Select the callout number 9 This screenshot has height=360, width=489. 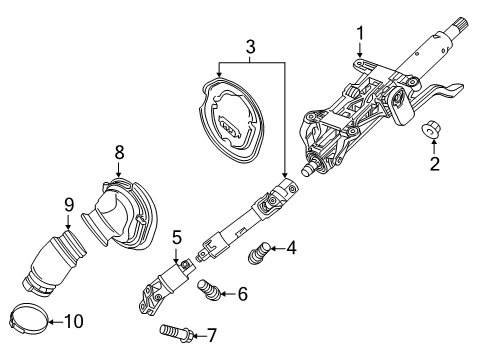[69, 206]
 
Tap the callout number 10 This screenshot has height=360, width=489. [75, 321]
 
